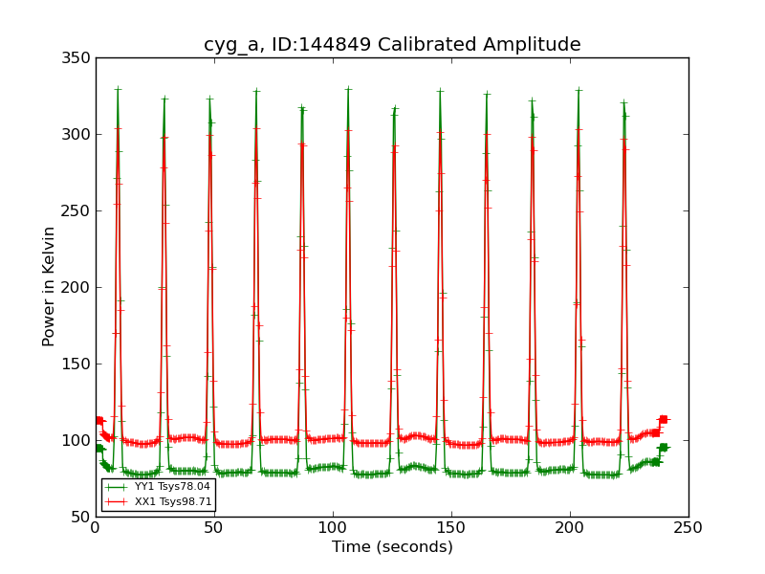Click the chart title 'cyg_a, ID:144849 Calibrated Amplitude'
coord(392,44)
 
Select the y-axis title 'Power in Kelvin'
coord(50,287)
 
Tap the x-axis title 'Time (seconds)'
coord(392,547)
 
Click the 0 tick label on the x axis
coord(96,527)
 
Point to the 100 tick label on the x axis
coord(333,527)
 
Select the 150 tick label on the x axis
coord(451,527)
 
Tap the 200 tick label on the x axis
coord(570,527)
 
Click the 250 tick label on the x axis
coord(688,527)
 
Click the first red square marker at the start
coord(99,420)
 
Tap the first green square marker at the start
coord(99,448)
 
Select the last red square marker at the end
coord(663,419)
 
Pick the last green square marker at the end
coord(663,448)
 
